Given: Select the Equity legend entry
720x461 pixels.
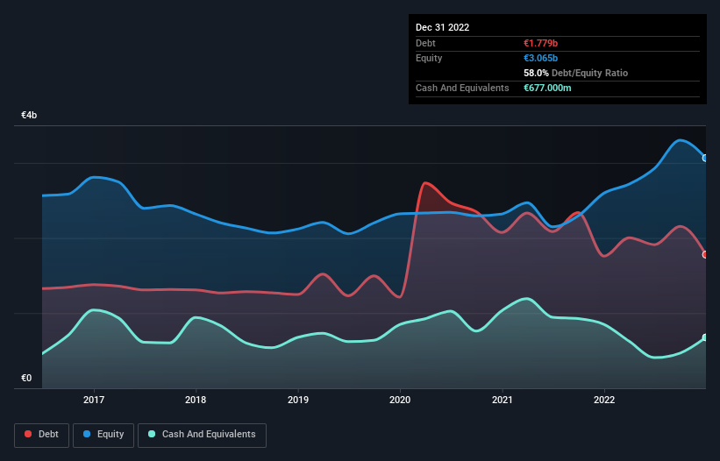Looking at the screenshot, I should coord(104,435).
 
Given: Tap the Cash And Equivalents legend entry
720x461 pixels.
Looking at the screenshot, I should coord(202,435).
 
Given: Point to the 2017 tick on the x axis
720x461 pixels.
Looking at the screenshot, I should coord(94,400).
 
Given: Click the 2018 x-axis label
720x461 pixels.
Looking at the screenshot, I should coord(196,400).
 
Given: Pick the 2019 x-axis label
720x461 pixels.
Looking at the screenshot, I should coord(298,400).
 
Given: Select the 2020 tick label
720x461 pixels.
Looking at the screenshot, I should coord(400,400).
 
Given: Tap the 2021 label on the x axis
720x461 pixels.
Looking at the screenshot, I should coord(503,400).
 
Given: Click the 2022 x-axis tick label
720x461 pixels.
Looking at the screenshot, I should coord(604,400).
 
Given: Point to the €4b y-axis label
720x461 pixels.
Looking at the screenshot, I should coord(30,116).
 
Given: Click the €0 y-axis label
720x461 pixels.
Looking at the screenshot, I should coord(26,379).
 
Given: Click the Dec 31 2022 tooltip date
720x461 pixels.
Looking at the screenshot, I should coord(443,27).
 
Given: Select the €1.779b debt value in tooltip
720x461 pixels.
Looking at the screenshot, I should coord(540,43).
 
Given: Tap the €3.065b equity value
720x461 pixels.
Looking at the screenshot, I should coord(540,59).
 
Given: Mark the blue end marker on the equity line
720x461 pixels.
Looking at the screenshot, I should coord(705,158).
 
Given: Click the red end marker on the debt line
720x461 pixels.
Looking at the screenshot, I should coord(705,254).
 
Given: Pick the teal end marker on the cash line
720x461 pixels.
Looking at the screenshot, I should coord(705,337).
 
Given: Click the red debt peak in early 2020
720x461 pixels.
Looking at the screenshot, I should coord(425,183).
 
